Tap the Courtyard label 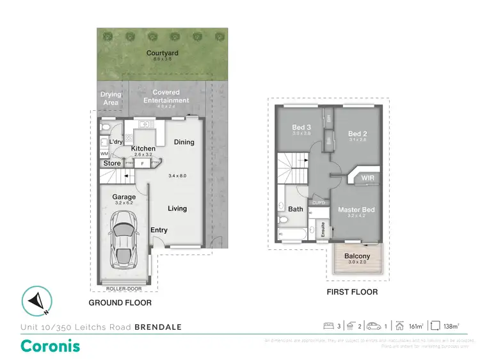click(161, 53)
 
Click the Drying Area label click(111, 98)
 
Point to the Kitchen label click(143, 148)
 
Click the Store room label click(112, 163)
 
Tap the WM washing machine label click(104, 154)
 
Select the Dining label click(184, 142)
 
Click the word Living click(177, 209)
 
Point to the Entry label click(159, 230)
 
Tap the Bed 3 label click(301, 127)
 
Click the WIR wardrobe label click(367, 177)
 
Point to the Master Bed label click(356, 209)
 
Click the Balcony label click(358, 256)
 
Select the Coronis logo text click(51, 347)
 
